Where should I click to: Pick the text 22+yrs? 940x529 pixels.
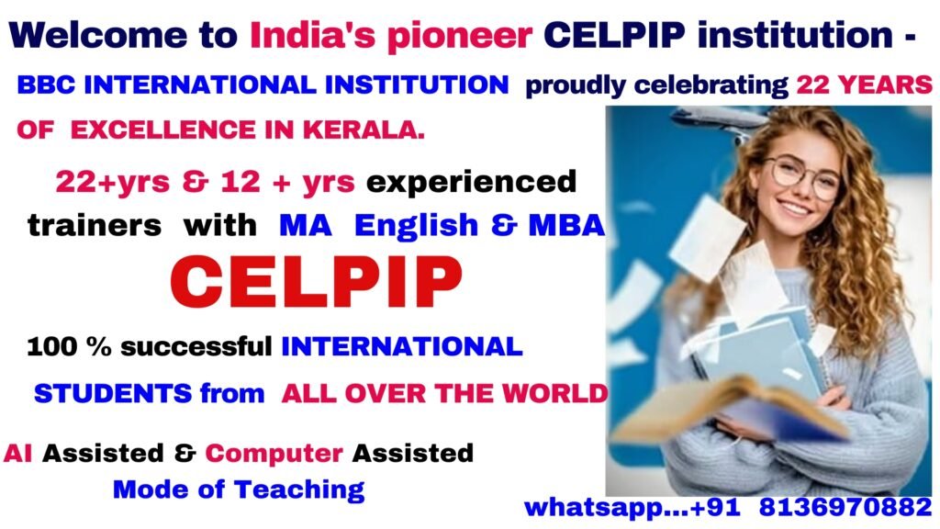(108, 181)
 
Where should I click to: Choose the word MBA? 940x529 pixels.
(566, 225)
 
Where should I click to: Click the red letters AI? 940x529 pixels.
(18, 453)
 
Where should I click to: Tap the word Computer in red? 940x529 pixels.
(274, 453)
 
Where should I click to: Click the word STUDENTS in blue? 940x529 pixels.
(113, 394)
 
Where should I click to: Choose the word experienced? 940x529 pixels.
(471, 181)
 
